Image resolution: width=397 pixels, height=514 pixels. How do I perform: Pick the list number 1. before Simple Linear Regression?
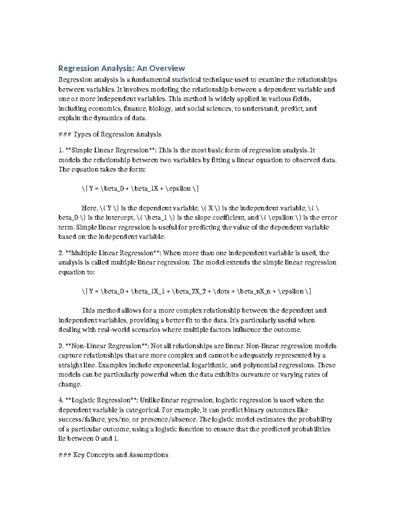click(61, 150)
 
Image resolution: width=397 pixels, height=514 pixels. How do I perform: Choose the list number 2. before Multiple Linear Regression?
click(61, 253)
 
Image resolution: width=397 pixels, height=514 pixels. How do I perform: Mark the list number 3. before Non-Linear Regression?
click(61, 346)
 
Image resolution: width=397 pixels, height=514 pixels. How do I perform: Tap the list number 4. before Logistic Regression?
click(61, 400)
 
